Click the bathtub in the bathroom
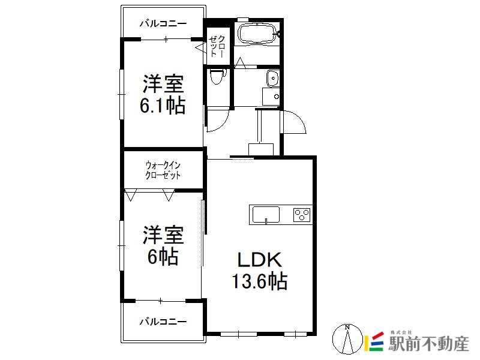tap(258, 34)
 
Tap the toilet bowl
tap(217, 76)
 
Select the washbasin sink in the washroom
tap(272, 79)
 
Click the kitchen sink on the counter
tap(266, 215)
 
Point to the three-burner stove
tap(302, 215)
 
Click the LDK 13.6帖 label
tap(259, 271)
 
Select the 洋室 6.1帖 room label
tap(163, 94)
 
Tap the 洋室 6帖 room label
tap(163, 245)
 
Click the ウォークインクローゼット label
tap(163, 170)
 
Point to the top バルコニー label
tap(163, 23)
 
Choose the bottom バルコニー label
tap(163, 322)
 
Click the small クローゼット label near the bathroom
tap(217, 46)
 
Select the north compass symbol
tap(347, 339)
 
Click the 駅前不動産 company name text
tap(428, 344)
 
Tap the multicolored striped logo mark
tap(374, 341)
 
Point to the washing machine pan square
tap(271, 97)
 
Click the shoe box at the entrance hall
tap(261, 149)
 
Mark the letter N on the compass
tap(347, 327)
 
